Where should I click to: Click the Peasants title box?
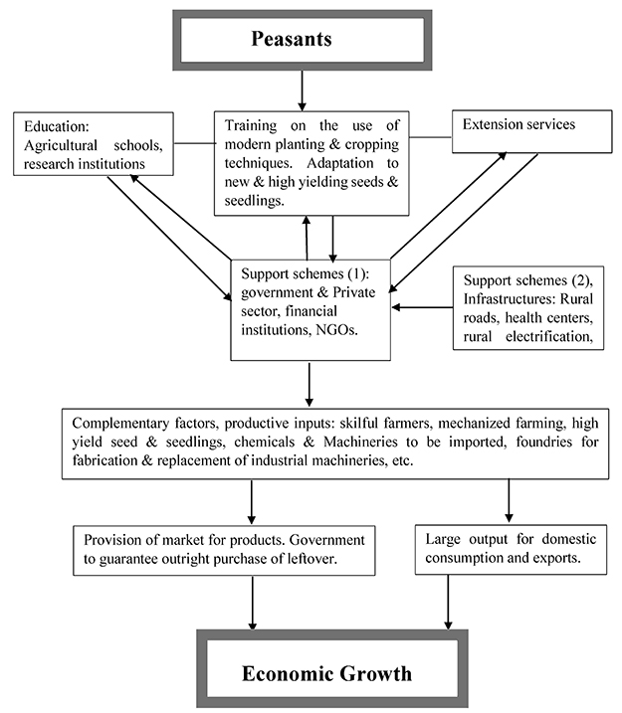point(303,40)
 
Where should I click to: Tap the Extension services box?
point(531,131)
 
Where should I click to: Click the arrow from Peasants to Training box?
point(303,90)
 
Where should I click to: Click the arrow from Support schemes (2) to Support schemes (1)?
point(422,307)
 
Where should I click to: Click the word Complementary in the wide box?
point(120,424)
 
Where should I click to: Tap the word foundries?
point(543,442)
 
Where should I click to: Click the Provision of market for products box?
point(224,551)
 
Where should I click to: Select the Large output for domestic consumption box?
point(511,550)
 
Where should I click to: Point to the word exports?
point(558,558)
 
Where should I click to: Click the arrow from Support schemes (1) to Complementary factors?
point(310,384)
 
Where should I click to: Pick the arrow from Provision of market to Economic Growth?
point(253,603)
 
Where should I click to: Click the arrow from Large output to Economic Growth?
point(448,603)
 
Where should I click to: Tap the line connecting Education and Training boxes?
point(194,143)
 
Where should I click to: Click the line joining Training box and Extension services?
point(431,136)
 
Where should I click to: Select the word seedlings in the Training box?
point(254,201)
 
